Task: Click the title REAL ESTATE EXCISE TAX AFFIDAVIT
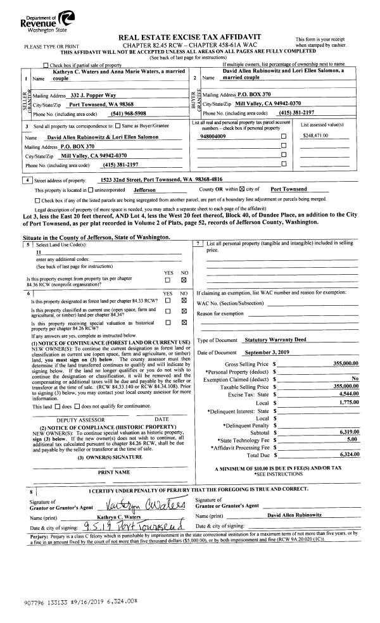[189, 38]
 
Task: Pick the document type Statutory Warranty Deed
[275, 340]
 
